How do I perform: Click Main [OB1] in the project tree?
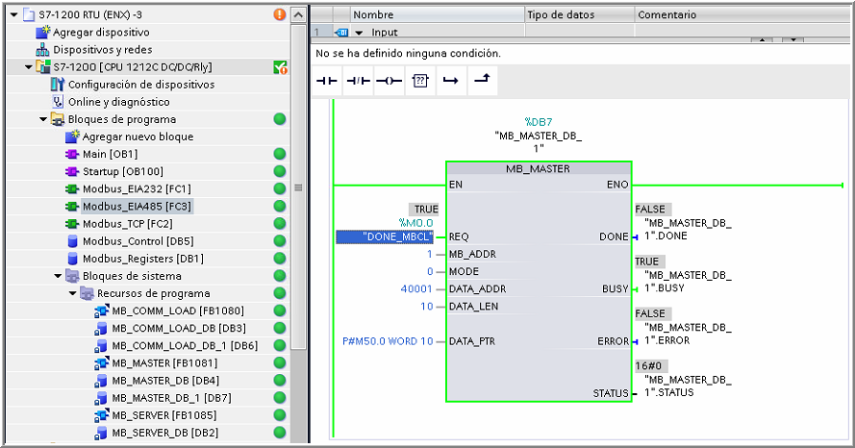(x=109, y=154)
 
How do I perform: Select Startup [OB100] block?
(x=114, y=171)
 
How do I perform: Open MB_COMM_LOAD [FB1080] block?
(x=164, y=311)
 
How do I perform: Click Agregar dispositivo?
(x=101, y=32)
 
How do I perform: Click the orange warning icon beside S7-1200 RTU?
(x=279, y=14)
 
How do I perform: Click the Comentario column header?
(x=667, y=14)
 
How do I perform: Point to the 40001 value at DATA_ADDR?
(x=416, y=288)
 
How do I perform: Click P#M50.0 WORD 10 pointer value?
(x=387, y=341)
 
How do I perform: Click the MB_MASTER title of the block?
(x=538, y=168)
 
